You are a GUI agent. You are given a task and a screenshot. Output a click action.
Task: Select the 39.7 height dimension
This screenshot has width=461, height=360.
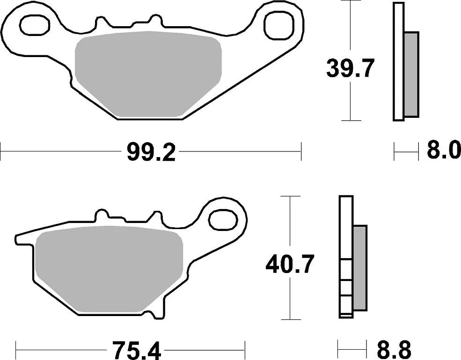[350, 69]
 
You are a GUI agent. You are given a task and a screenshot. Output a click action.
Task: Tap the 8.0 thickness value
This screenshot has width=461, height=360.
[443, 152]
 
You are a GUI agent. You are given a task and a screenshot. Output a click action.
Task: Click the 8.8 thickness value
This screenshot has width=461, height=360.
[393, 349]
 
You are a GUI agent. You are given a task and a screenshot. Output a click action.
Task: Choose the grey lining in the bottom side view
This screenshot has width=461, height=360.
[359, 267]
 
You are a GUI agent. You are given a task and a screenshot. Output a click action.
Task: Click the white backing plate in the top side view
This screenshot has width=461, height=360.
[398, 61]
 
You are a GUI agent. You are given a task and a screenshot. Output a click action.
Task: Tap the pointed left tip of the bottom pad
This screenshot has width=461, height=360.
[18, 238]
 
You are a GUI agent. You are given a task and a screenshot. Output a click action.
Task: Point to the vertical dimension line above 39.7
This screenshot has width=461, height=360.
[350, 28]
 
